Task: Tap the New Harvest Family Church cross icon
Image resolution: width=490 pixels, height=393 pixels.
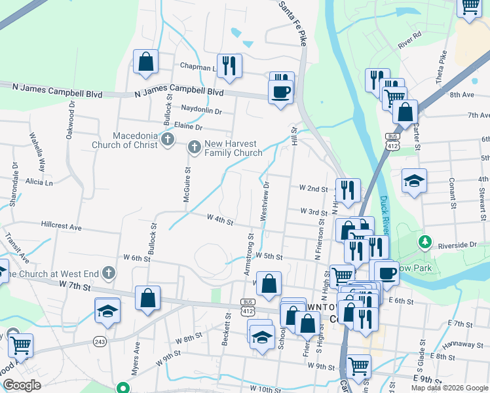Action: [x=194, y=148]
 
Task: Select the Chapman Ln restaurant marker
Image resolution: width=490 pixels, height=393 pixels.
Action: [x=229, y=65]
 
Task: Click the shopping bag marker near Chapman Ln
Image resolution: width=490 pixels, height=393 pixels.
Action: [x=145, y=62]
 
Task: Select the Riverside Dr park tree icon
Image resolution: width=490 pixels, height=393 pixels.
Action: [x=425, y=242]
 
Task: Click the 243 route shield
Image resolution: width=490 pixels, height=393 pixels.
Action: [x=100, y=341]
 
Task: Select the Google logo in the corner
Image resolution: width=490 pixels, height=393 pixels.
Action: [x=22, y=386]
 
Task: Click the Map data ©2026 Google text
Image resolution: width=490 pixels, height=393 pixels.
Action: [x=449, y=388]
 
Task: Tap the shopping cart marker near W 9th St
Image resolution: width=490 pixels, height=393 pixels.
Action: [x=358, y=367]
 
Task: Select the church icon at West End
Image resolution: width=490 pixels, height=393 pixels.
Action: [x=109, y=272]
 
